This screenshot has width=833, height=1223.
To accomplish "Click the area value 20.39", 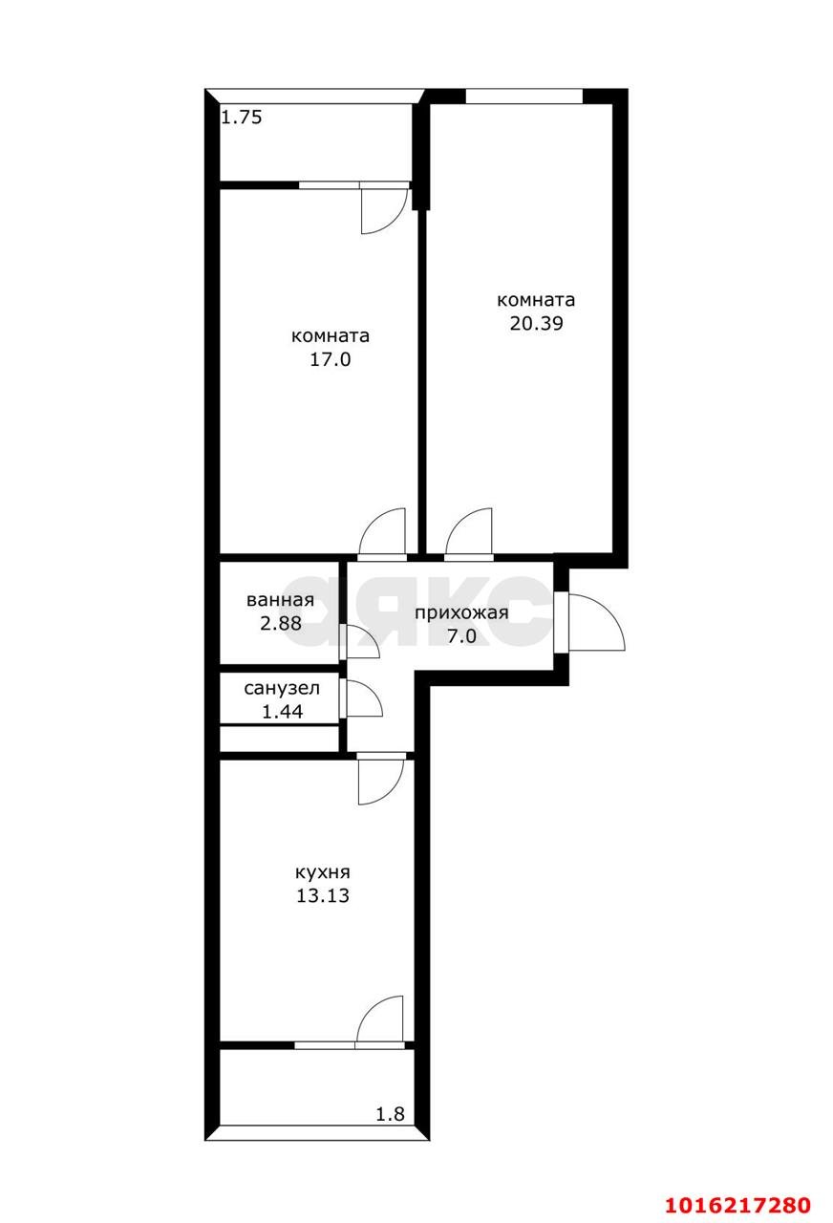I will (x=536, y=323).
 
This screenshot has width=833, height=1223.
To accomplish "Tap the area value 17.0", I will (x=330, y=360).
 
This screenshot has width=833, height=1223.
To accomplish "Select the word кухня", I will (x=323, y=872).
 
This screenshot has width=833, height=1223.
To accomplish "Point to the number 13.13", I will (x=323, y=896).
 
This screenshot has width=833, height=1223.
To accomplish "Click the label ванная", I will (x=280, y=600).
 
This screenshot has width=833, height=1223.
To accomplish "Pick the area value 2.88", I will (x=280, y=624).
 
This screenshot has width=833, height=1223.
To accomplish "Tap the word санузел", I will (x=280, y=688).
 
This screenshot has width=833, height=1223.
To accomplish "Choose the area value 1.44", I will (x=280, y=711).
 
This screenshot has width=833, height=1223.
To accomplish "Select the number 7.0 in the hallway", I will (x=461, y=636).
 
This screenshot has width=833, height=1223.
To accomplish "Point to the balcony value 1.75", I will (x=242, y=118).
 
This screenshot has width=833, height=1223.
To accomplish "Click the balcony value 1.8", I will (x=390, y=1113).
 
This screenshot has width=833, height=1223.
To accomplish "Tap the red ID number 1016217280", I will (x=738, y=1203).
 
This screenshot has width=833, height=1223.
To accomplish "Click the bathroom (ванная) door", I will (x=361, y=642).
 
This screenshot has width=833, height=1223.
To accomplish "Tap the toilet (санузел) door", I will (x=362, y=700).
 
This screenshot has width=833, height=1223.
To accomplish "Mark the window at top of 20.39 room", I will (x=523, y=96).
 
